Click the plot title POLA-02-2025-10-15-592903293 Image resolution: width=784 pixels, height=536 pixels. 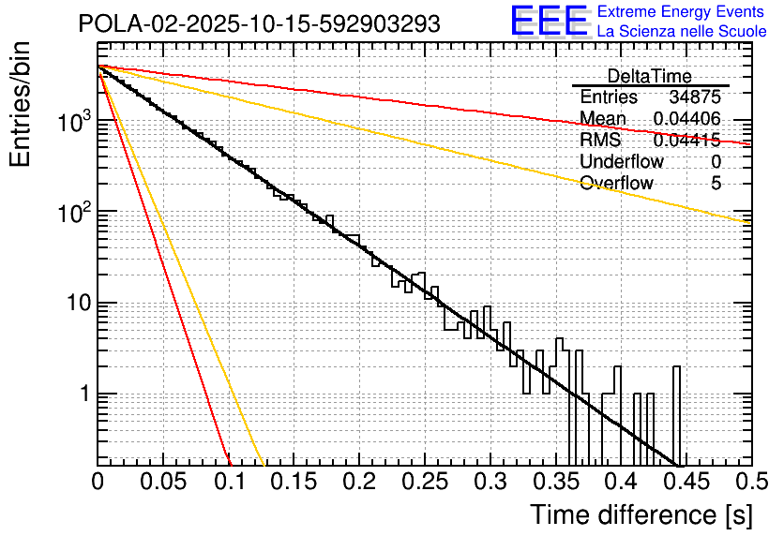click(259, 24)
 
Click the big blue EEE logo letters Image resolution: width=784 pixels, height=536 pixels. click(549, 22)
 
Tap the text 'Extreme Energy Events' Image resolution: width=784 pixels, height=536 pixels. click(682, 12)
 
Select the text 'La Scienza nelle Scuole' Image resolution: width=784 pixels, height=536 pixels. click(682, 32)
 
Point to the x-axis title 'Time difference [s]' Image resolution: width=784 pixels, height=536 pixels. click(641, 514)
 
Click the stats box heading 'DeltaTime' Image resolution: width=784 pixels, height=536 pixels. click(649, 77)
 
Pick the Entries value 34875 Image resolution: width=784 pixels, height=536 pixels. click(695, 97)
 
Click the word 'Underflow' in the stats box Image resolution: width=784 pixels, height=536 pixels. click(621, 162)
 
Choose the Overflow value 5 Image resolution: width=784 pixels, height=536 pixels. click(716, 183)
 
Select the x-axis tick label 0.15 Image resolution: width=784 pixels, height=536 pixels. click(293, 483)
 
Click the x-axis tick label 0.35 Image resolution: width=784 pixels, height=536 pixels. click(554, 483)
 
